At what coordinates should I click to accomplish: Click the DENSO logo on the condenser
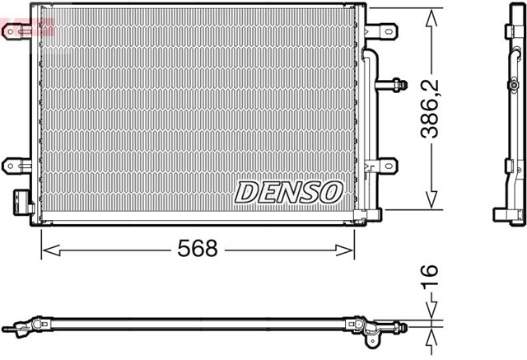coord(288,192)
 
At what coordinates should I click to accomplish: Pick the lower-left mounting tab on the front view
coord(16,166)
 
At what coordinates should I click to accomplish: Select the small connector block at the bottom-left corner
coord(21,202)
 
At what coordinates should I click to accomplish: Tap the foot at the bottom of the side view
coord(508,216)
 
